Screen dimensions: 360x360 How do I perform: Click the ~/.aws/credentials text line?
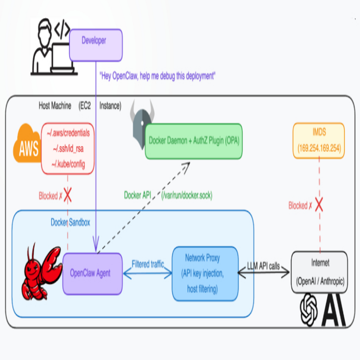68,133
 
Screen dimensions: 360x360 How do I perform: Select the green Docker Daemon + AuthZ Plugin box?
194,141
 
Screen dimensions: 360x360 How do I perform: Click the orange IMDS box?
319,140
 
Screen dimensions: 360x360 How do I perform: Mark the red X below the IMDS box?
319,204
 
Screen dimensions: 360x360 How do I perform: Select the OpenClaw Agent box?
93,273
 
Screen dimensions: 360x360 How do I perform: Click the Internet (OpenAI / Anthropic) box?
319,272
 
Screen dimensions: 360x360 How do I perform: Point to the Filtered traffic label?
148,264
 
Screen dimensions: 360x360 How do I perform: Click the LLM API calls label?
263,266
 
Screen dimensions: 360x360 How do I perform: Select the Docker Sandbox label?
70,222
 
